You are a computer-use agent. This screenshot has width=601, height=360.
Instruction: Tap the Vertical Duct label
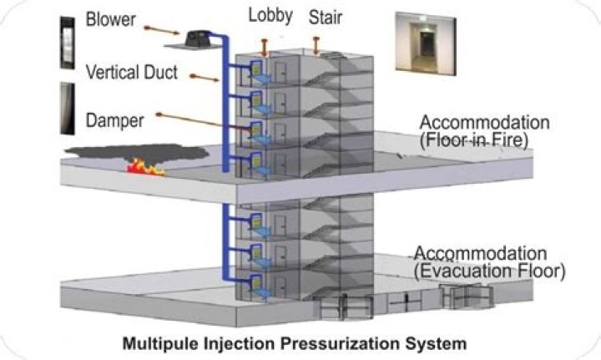(130, 72)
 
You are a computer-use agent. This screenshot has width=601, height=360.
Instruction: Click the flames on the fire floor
(145, 169)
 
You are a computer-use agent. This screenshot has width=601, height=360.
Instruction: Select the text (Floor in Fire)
(475, 140)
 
